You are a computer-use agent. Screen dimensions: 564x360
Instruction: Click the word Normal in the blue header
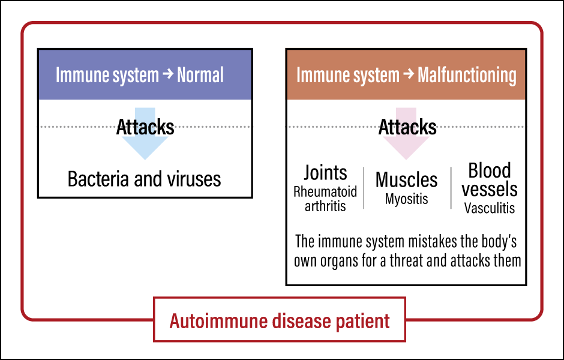(x=200, y=75)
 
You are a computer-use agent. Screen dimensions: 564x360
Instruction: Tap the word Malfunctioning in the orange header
(x=467, y=76)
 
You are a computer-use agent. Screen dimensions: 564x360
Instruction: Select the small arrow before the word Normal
(x=168, y=74)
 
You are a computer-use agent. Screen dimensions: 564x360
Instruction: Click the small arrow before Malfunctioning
(x=409, y=74)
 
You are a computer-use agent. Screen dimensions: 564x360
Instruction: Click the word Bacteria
(x=98, y=179)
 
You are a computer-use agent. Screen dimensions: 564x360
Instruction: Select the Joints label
(x=325, y=173)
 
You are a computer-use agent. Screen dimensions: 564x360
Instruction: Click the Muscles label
(x=406, y=179)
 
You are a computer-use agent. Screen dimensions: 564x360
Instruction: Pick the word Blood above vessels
(x=489, y=170)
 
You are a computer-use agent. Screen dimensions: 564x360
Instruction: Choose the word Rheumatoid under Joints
(x=325, y=191)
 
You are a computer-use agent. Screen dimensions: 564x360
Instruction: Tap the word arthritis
(x=325, y=206)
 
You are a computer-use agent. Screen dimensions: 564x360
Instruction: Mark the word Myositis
(x=406, y=199)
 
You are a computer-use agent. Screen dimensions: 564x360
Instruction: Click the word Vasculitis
(x=489, y=208)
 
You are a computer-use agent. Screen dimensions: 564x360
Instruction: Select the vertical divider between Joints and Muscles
(x=364, y=188)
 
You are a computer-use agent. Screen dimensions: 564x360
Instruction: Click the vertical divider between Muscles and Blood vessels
(x=451, y=188)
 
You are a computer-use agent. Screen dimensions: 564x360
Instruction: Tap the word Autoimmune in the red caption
(x=219, y=321)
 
